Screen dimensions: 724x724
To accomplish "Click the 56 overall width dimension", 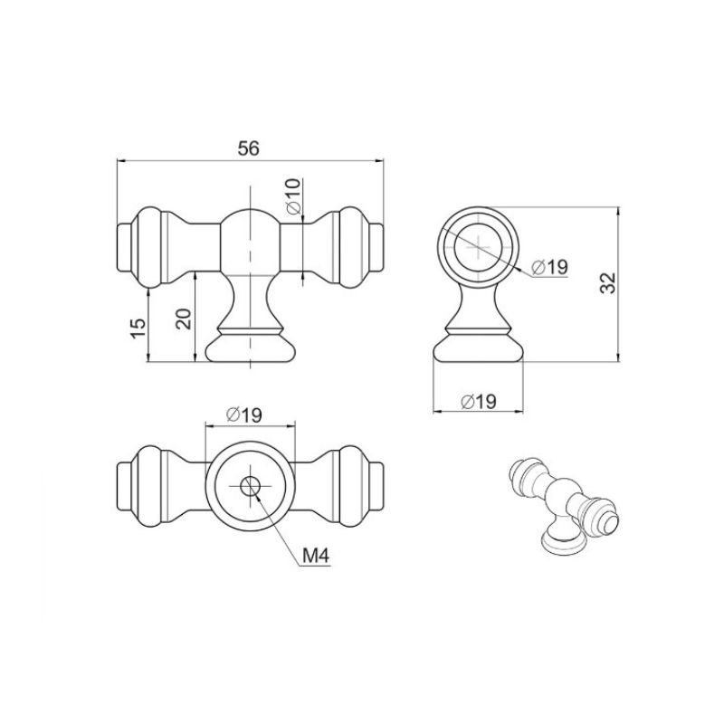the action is point(249,148).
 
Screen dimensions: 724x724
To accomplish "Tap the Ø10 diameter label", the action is point(293,195).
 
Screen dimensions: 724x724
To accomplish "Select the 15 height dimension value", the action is point(138,329).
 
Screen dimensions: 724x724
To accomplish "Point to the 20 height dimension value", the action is point(184,319).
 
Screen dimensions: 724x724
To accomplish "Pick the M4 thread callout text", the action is point(315,557).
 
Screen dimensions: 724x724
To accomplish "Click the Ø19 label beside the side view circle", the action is point(549,267).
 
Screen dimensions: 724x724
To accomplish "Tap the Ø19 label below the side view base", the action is point(479,401).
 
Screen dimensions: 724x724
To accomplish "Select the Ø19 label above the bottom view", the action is point(244,414).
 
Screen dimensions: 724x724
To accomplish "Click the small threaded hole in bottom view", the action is point(250,486).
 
